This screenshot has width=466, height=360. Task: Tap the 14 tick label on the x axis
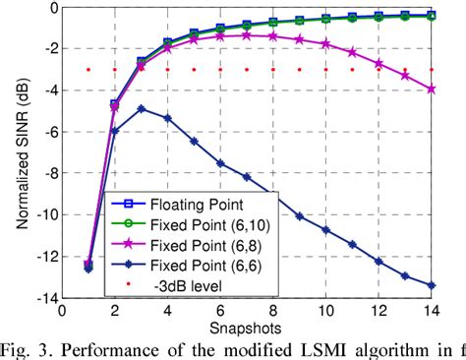[x=432, y=309]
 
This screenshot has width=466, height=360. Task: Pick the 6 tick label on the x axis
[x=220, y=309]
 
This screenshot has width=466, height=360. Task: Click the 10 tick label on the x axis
[x=325, y=309]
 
